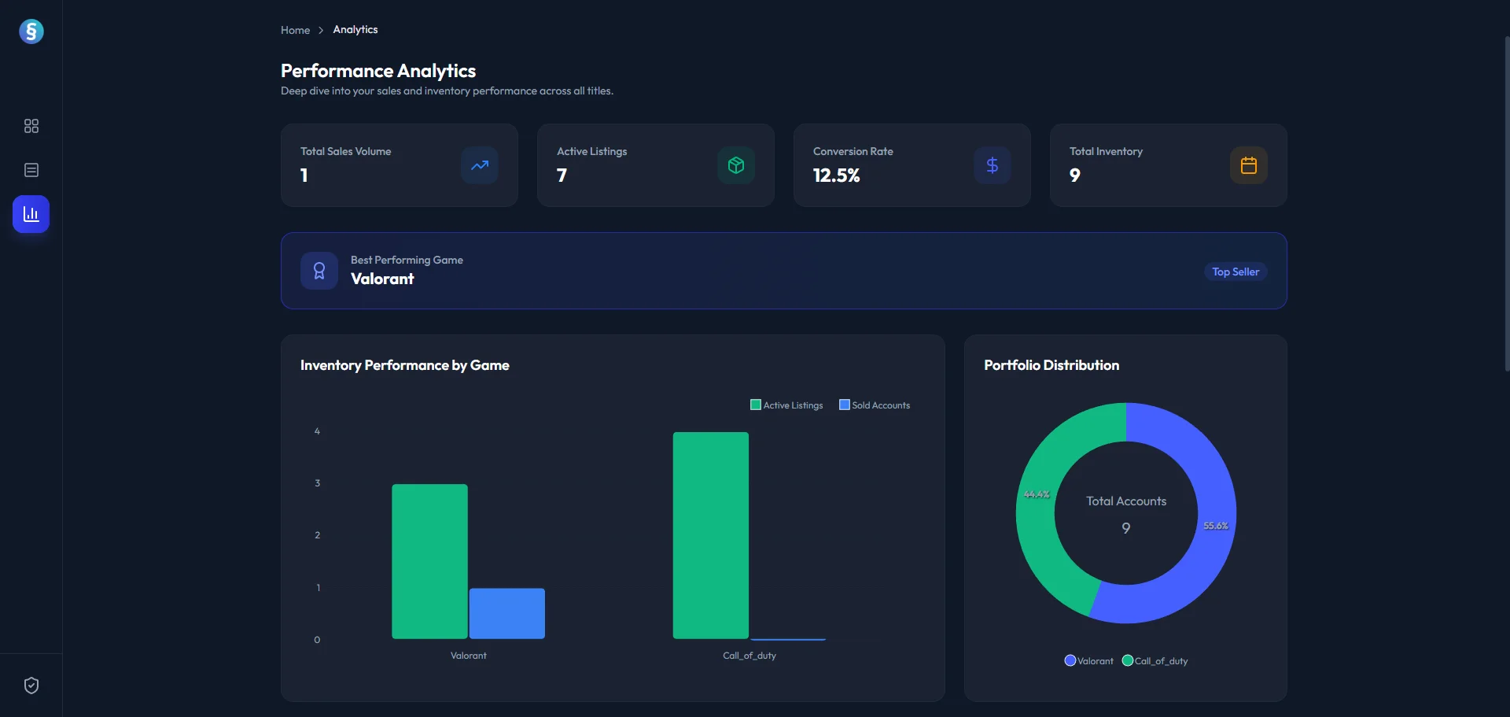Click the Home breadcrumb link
click(x=295, y=30)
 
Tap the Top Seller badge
click(x=1235, y=272)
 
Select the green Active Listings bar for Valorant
click(x=429, y=561)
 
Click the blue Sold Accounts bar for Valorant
click(x=506, y=613)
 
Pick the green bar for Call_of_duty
click(x=710, y=535)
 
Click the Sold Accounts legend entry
click(x=875, y=405)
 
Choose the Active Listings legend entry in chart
click(x=786, y=405)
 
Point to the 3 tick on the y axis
click(x=318, y=483)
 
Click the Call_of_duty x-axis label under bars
click(x=749, y=656)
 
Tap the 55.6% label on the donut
click(x=1215, y=526)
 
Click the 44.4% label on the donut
click(x=1037, y=494)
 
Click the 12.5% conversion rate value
click(x=836, y=176)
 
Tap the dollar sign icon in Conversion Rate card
click(x=992, y=165)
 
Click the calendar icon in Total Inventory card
click(x=1248, y=165)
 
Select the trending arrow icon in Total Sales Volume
click(x=479, y=165)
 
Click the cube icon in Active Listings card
click(x=735, y=165)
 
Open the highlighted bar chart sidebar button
click(x=31, y=214)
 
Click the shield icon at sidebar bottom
click(x=31, y=686)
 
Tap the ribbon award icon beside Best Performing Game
click(x=319, y=271)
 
